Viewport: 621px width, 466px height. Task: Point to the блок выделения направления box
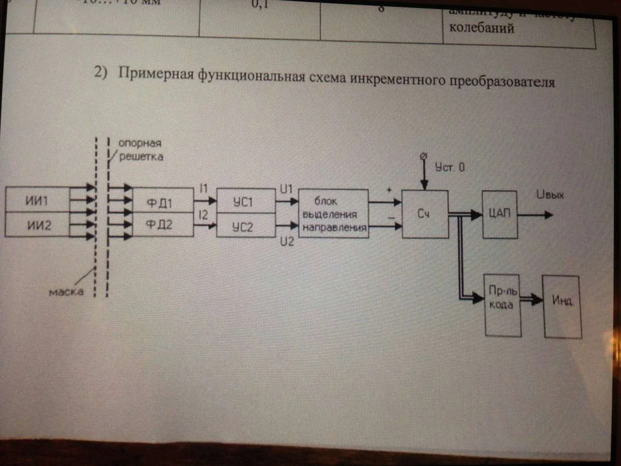[x=333, y=213]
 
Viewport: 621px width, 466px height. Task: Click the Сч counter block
[x=425, y=214]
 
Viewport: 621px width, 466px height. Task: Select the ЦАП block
[x=499, y=214]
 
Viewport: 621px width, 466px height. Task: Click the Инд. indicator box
[x=562, y=306]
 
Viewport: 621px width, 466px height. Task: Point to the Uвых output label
[x=549, y=195]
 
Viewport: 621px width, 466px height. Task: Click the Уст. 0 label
[x=450, y=168]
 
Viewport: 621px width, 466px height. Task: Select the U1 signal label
[x=286, y=188]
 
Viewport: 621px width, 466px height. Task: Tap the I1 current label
[x=203, y=188]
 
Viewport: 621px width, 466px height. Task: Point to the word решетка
[x=141, y=157]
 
